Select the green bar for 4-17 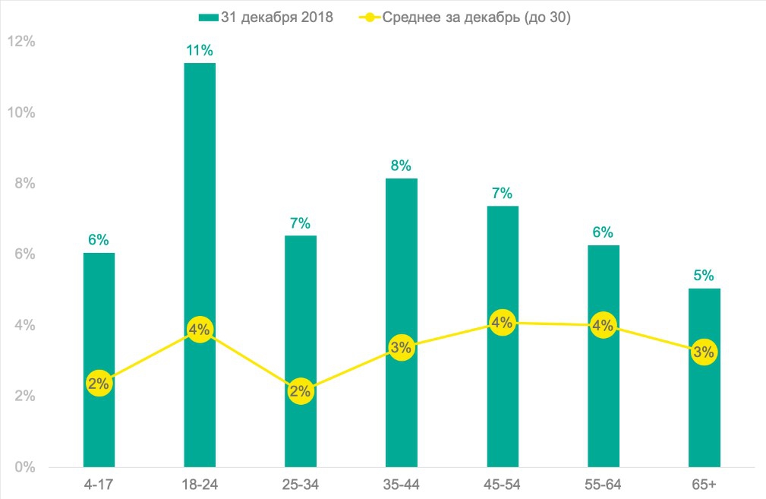pyautogui.click(x=99, y=319)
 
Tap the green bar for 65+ pyautogui.click(x=704, y=410)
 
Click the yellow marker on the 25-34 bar pyautogui.click(x=300, y=391)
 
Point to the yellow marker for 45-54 pyautogui.click(x=502, y=323)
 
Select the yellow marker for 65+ pyautogui.click(x=704, y=352)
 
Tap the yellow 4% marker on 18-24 pyautogui.click(x=200, y=330)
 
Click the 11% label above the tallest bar pyautogui.click(x=200, y=51)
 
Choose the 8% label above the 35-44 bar pyautogui.click(x=401, y=166)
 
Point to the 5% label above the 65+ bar pyautogui.click(x=704, y=276)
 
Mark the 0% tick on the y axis pyautogui.click(x=24, y=466)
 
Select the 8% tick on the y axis pyautogui.click(x=24, y=183)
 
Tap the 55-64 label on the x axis pyautogui.click(x=603, y=485)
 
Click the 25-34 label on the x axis pyautogui.click(x=300, y=485)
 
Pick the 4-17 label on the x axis pyautogui.click(x=99, y=485)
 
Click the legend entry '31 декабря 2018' pyautogui.click(x=276, y=17)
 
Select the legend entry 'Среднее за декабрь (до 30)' pyautogui.click(x=476, y=17)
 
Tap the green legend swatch pyautogui.click(x=209, y=17)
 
